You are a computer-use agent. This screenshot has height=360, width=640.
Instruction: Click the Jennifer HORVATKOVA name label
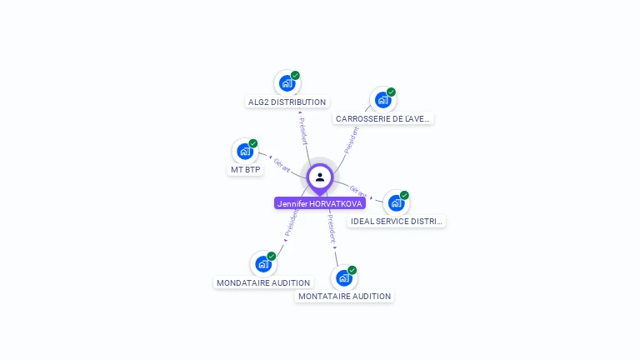coord(320,203)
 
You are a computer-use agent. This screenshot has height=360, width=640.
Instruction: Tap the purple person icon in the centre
coord(320,177)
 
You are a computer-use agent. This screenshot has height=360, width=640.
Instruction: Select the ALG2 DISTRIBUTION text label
coord(287,102)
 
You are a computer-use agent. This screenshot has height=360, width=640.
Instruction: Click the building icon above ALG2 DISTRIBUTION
coord(287,83)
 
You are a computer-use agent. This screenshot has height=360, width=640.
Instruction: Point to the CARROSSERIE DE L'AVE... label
coord(383,119)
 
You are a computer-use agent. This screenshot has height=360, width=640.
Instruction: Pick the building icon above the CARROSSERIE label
coord(382,100)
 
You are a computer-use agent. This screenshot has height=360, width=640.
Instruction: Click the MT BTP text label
coord(245,170)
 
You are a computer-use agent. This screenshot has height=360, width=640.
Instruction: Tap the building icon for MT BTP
coord(244,152)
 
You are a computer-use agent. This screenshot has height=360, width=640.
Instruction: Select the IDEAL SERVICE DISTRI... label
coord(397,222)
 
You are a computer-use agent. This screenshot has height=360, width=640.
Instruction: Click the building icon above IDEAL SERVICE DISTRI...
coord(396,203)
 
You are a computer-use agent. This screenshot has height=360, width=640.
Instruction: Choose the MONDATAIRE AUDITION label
coord(263,283)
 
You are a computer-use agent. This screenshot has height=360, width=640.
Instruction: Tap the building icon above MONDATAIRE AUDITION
coord(263,264)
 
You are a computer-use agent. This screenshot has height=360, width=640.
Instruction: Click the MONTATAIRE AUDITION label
coord(344,297)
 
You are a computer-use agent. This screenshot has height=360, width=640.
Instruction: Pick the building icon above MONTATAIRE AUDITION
coord(343,278)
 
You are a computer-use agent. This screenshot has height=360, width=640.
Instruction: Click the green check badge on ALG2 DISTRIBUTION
coord(295,75)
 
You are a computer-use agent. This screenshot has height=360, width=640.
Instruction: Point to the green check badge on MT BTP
coord(253,143)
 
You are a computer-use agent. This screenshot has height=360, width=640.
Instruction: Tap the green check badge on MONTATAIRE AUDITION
coord(352,270)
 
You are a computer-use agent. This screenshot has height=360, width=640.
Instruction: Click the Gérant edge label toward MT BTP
coord(282,165)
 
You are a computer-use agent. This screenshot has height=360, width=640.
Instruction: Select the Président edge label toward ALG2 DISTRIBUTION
coord(304,132)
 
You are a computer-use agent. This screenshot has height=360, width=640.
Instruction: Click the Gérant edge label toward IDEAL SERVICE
coord(358,193)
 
